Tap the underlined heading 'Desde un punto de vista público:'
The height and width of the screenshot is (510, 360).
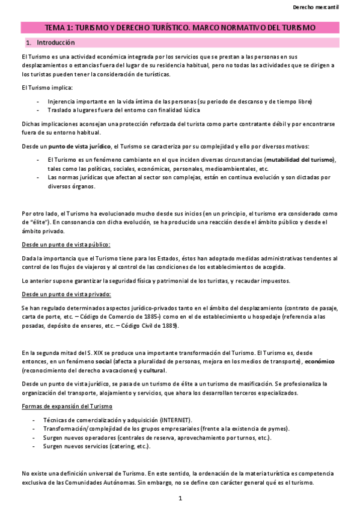click(x=66, y=245)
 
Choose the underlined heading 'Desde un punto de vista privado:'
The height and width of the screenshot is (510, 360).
click(x=66, y=294)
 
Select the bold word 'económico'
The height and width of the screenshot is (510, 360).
click(x=319, y=361)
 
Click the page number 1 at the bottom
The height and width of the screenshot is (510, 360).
click(x=180, y=499)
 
